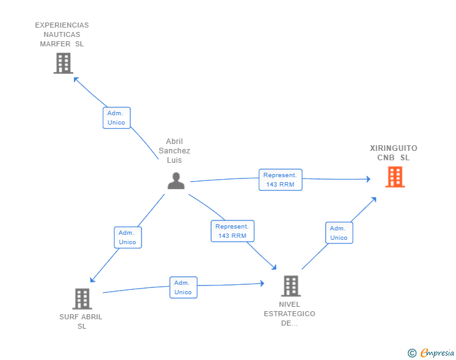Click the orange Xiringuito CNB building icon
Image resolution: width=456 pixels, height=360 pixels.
tap(395, 177)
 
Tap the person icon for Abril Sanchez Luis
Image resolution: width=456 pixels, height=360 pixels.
tap(176, 180)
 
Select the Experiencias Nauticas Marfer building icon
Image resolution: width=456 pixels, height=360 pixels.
tap(63, 63)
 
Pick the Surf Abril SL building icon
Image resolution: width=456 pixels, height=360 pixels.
tap(82, 299)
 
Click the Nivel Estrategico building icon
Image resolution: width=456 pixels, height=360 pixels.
tap(291, 286)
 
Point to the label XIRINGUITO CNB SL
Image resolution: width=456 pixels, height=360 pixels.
tap(393, 153)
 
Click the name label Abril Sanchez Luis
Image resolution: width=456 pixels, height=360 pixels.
tap(174, 151)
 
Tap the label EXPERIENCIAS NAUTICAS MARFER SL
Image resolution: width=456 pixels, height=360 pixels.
tap(62, 34)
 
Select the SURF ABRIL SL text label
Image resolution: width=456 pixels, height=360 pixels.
tap(81, 321)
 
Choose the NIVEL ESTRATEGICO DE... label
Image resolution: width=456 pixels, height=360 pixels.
tap(289, 314)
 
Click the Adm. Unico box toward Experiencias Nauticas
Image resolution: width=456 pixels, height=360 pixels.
tap(117, 118)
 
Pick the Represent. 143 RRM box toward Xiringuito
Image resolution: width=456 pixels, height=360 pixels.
tap(281, 180)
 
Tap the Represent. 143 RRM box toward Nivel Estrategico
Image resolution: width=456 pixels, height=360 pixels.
tap(232, 231)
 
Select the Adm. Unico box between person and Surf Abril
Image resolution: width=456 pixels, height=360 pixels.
tap(128, 237)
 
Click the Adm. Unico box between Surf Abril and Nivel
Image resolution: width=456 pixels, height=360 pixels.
tap(183, 287)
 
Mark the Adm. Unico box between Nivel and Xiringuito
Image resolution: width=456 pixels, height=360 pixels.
tap(339, 233)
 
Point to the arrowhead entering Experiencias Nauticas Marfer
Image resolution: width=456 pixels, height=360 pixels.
tap(76, 80)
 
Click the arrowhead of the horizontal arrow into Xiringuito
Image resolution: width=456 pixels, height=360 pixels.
tap(368, 179)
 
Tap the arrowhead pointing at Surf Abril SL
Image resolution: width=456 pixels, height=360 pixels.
tap(93, 279)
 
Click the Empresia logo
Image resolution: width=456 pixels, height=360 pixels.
tap(431, 352)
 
